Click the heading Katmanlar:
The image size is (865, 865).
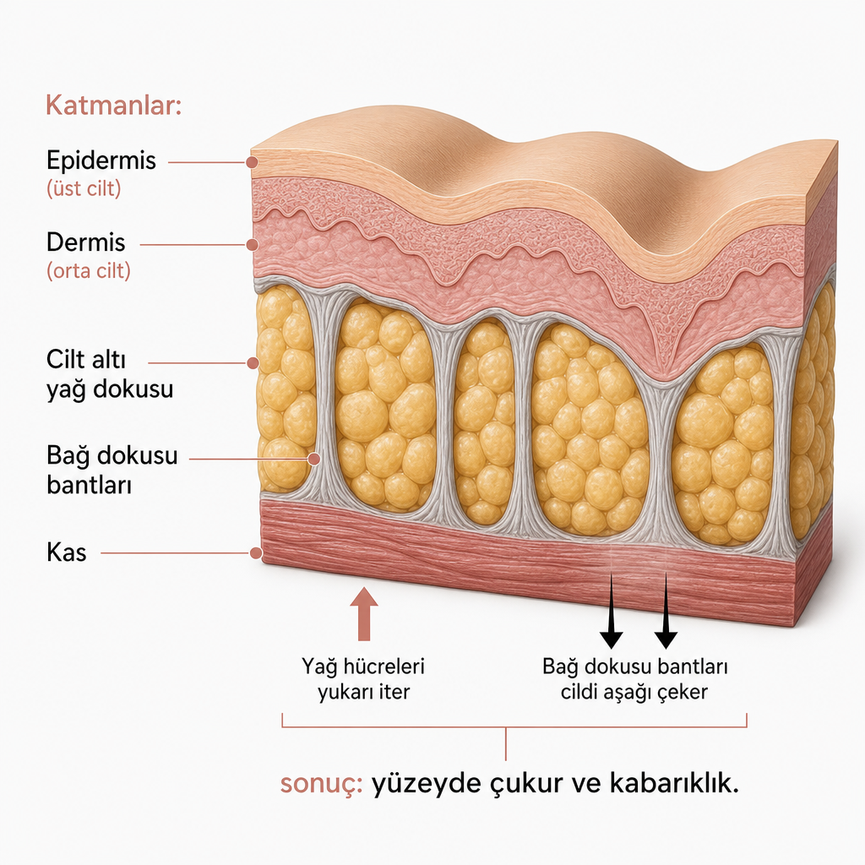click(x=114, y=105)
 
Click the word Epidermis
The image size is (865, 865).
click(x=101, y=160)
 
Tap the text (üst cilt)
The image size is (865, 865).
click(x=84, y=188)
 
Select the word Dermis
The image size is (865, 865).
click(x=85, y=242)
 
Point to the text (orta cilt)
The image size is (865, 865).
click(x=88, y=271)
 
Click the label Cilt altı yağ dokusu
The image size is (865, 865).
click(x=110, y=374)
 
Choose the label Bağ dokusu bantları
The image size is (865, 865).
click(x=112, y=471)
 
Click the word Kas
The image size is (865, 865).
click(x=66, y=552)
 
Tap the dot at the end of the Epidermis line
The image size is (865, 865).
click(x=252, y=163)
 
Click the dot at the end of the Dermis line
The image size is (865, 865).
click(x=252, y=245)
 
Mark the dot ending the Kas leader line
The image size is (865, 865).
click(x=255, y=552)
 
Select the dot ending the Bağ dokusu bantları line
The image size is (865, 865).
click(x=314, y=459)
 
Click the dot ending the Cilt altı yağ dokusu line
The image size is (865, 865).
click(x=253, y=363)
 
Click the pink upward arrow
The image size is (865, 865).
click(x=364, y=614)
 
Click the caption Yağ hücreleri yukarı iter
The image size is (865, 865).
click(x=363, y=679)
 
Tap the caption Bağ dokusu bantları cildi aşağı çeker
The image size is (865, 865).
click(x=635, y=679)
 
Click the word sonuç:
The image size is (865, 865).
click(x=321, y=783)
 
